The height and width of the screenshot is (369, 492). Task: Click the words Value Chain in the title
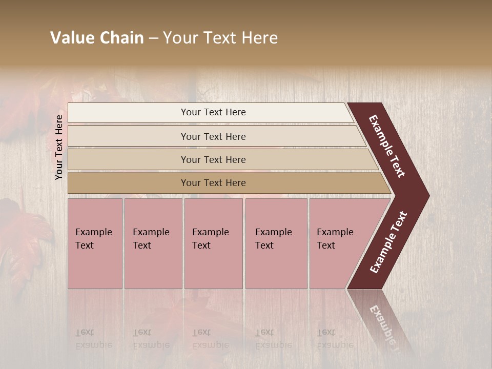(x=97, y=38)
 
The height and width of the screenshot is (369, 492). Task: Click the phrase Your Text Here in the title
(x=220, y=38)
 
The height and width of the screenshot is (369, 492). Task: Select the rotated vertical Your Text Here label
(x=59, y=147)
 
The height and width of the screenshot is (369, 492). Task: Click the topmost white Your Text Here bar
(x=213, y=112)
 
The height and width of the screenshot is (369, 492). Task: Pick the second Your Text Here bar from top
(x=213, y=136)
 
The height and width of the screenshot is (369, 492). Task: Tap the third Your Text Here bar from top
(x=213, y=159)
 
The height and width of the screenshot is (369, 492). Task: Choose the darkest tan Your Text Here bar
(x=213, y=183)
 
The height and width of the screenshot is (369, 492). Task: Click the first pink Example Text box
(x=95, y=243)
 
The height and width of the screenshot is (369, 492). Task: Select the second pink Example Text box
(x=153, y=243)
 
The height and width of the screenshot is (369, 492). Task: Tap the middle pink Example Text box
(x=213, y=243)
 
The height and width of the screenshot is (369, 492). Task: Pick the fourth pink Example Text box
(x=276, y=243)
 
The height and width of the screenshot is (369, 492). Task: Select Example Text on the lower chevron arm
(x=388, y=242)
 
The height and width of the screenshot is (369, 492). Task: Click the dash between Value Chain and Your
(x=153, y=38)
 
